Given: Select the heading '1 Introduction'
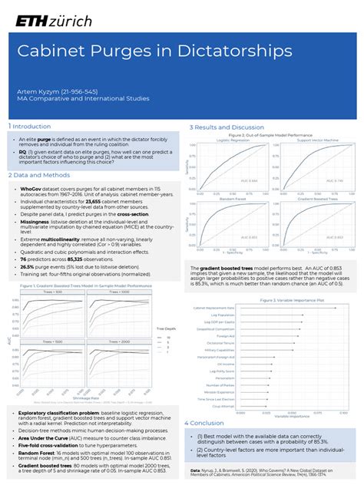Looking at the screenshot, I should tap(29, 126).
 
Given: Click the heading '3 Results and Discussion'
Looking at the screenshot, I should tap(227, 127).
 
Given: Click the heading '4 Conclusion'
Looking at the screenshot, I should tap(204, 423).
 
